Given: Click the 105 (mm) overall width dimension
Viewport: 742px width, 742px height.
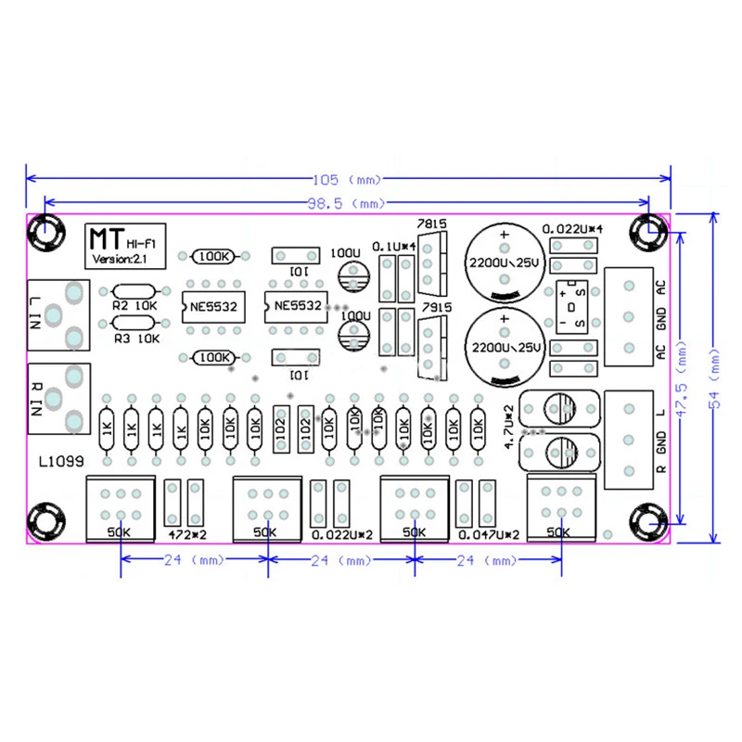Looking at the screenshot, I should click(349, 179).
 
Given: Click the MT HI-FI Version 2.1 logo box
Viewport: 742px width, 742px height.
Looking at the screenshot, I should click(116, 245).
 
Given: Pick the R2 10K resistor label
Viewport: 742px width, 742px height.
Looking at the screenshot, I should click(135, 304).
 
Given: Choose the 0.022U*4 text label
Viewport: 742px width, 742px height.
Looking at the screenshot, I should click(572, 228).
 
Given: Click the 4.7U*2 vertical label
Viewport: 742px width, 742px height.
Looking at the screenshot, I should click(508, 428).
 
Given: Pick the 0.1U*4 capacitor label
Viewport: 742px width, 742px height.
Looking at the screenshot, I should click(393, 246).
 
